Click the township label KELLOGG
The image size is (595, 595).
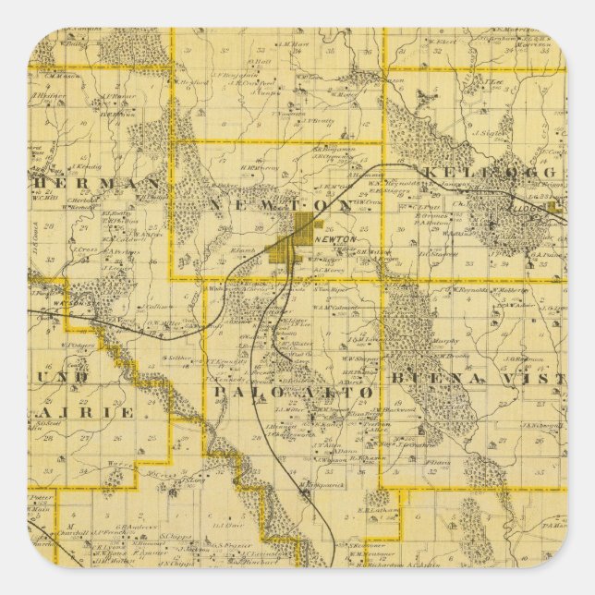490,173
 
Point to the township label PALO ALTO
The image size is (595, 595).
296,392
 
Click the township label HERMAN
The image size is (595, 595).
92,184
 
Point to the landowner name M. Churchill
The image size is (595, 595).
74,531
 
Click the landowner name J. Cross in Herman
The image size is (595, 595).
87,249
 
